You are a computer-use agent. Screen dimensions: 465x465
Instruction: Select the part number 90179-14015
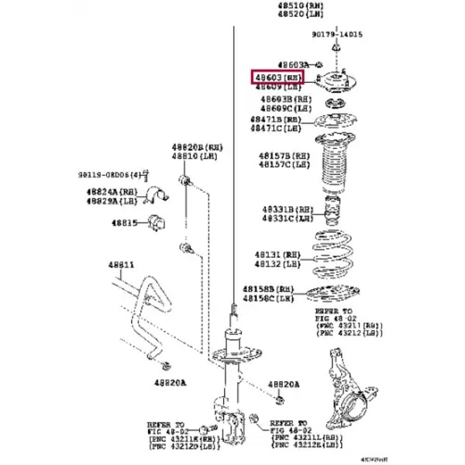coord(338,35)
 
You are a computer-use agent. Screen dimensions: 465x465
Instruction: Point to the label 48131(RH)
coord(275,254)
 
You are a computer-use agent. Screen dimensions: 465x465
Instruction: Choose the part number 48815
coord(122,223)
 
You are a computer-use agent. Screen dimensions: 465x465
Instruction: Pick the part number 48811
coord(121,264)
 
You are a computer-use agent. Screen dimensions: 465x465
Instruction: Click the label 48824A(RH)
coord(112,191)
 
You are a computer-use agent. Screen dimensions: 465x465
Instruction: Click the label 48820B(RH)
coord(198,146)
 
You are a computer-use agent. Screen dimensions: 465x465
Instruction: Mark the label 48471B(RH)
coord(275,119)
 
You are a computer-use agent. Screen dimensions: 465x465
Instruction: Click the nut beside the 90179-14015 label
coord(336,48)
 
